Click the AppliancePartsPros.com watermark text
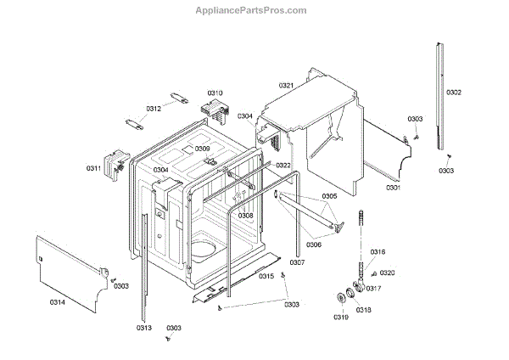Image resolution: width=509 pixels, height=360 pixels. (254, 11)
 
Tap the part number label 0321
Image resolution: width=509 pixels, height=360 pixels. (285, 86)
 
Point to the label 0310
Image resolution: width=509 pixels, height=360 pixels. (215, 93)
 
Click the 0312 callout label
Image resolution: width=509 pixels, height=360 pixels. (154, 109)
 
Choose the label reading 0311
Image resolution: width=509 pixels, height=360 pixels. (93, 168)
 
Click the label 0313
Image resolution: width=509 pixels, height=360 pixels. (143, 328)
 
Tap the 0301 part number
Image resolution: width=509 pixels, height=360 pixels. (394, 187)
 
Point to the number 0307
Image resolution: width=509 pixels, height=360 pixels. (297, 262)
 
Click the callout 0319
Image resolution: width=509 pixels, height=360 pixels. (340, 318)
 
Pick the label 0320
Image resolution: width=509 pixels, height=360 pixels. (388, 273)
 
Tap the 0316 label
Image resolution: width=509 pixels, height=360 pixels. (378, 252)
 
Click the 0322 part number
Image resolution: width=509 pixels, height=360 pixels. (282, 166)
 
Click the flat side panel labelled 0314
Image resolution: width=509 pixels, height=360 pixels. (72, 267)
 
